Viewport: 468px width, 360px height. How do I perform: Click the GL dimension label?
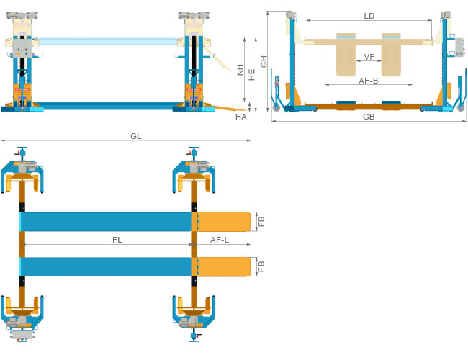click(136, 135)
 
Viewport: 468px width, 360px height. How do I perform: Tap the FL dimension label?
click(117, 239)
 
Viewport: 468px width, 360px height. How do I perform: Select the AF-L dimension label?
click(220, 239)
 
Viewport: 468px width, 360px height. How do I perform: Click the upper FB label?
click(261, 221)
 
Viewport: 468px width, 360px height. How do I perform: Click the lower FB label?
click(261, 266)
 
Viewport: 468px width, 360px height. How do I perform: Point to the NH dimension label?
click(240, 70)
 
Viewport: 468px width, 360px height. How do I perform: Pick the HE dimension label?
click(251, 73)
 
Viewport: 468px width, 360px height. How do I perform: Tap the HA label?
click(241, 116)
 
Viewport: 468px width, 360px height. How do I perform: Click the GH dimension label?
click(264, 61)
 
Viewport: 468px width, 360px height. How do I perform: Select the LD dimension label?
click(369, 15)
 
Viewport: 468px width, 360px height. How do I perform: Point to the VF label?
click(369, 56)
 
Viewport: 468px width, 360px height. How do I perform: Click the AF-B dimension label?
click(369, 81)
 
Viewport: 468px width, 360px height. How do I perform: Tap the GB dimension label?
click(369, 116)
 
